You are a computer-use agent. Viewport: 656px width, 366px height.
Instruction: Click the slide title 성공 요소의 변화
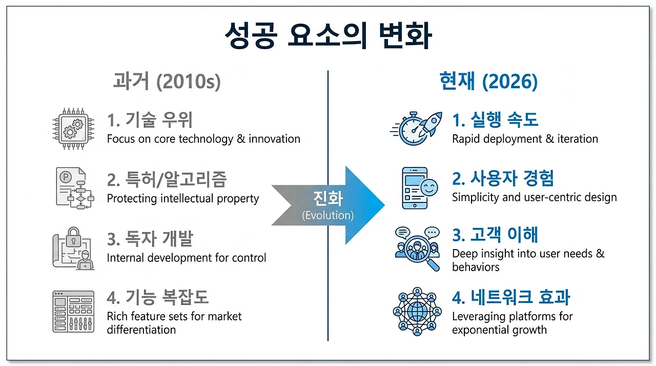[x=328, y=35]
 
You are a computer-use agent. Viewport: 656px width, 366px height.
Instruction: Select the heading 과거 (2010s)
[x=167, y=81]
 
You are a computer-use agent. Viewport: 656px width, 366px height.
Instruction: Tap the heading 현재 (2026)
[x=488, y=81]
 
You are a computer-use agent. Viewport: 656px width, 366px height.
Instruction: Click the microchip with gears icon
[x=73, y=129]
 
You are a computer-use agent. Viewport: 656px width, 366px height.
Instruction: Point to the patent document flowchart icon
[x=75, y=188]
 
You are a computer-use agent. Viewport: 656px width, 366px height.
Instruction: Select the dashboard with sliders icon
[x=73, y=312]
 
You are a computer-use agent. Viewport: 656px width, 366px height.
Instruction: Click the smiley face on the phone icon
[x=429, y=188]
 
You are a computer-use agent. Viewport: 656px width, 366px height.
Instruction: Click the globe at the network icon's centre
[x=417, y=312]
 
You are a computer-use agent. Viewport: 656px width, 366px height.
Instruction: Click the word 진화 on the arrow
[x=328, y=198]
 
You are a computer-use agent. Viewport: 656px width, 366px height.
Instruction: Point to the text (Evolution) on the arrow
[x=327, y=215]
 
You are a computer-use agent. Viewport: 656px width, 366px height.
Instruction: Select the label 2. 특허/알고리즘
[x=167, y=179]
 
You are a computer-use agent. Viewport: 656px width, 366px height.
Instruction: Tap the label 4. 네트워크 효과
[x=511, y=297]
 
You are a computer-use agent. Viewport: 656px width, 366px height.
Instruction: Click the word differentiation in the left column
[x=141, y=330]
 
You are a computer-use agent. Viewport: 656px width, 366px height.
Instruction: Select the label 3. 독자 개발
[x=150, y=238]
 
